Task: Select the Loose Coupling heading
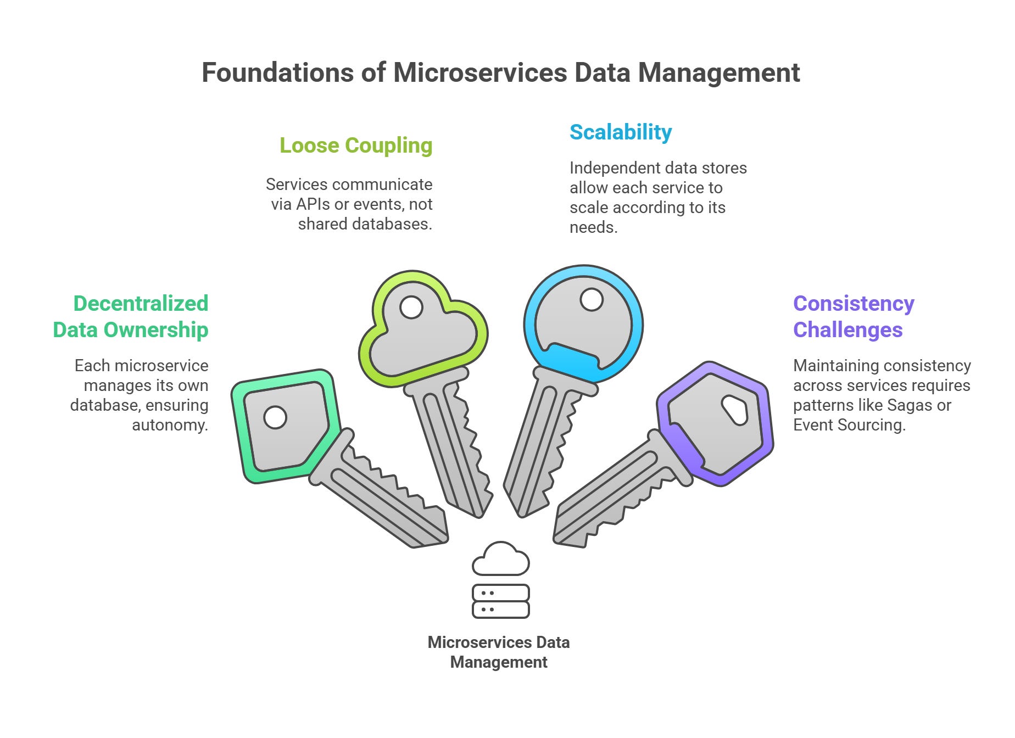(x=356, y=146)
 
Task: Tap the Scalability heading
(x=621, y=132)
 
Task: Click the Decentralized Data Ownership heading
(x=131, y=316)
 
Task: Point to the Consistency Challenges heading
(x=854, y=316)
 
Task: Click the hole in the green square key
(x=275, y=417)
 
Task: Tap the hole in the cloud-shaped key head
(x=411, y=307)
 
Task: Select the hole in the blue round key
(x=592, y=300)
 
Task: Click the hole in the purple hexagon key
(x=735, y=410)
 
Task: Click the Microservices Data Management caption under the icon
(x=499, y=652)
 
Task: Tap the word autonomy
(x=170, y=425)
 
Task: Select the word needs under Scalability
(x=593, y=227)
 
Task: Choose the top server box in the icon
(x=500, y=593)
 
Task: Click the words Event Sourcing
(x=849, y=425)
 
